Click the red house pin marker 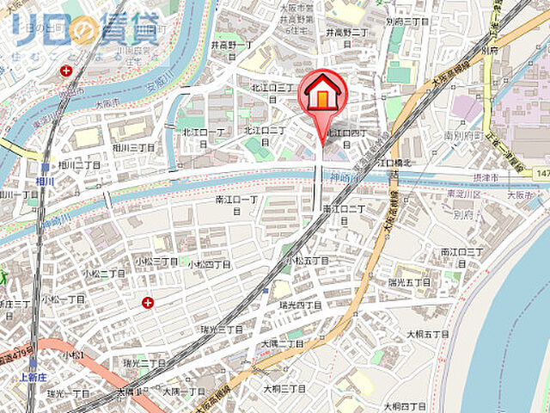click(322, 96)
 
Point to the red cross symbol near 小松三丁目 click(149, 302)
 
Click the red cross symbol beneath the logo click(67, 71)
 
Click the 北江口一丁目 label click(203, 133)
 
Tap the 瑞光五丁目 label click(409, 281)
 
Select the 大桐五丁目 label click(428, 333)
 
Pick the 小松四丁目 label click(209, 264)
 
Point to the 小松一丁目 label click(64, 299)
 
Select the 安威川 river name click(153, 86)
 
